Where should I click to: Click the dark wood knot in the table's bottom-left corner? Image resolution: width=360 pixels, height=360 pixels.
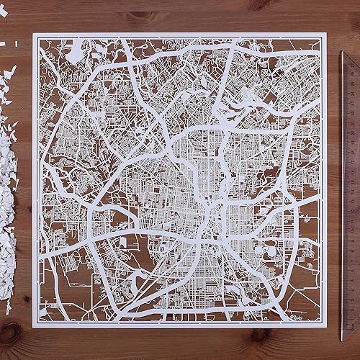click(x=10, y=333)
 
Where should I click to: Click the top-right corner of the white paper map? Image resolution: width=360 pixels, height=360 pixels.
click(x=328, y=32)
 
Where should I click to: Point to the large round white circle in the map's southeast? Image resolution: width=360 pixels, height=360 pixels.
click(x=270, y=248)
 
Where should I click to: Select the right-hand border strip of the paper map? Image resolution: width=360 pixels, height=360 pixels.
click(x=326, y=180)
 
